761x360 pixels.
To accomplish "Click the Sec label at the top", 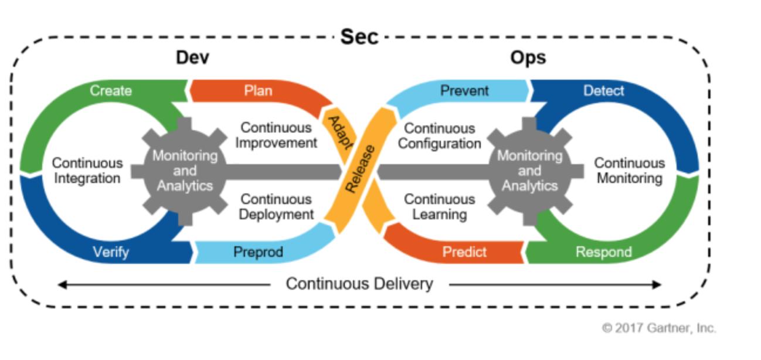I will pyautogui.click(x=359, y=38).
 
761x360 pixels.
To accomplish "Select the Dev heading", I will pyautogui.click(x=193, y=58).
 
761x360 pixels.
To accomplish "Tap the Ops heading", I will pyautogui.click(x=528, y=58).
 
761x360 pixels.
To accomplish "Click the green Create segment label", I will pyautogui.click(x=111, y=91).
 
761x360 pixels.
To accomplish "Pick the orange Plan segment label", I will pyautogui.click(x=258, y=91).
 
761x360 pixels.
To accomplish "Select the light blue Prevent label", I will pyautogui.click(x=464, y=91).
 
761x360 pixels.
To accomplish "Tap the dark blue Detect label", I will pyautogui.click(x=604, y=91).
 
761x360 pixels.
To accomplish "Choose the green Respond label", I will pyautogui.click(x=603, y=252).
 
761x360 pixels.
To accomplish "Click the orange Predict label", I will pyautogui.click(x=464, y=252).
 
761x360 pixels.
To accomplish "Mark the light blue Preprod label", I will pyautogui.click(x=258, y=252).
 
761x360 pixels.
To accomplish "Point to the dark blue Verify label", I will pyautogui.click(x=111, y=252).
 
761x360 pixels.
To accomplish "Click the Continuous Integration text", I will pyautogui.click(x=87, y=170).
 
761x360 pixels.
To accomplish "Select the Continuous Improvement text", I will pyautogui.click(x=276, y=134).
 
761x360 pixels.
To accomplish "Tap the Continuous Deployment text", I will pyautogui.click(x=276, y=206).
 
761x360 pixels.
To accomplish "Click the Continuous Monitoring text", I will pyautogui.click(x=630, y=170).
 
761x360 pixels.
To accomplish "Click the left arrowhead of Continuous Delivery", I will pyautogui.click(x=61, y=285).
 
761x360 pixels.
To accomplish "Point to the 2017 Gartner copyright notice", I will pyautogui.click(x=659, y=328).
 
